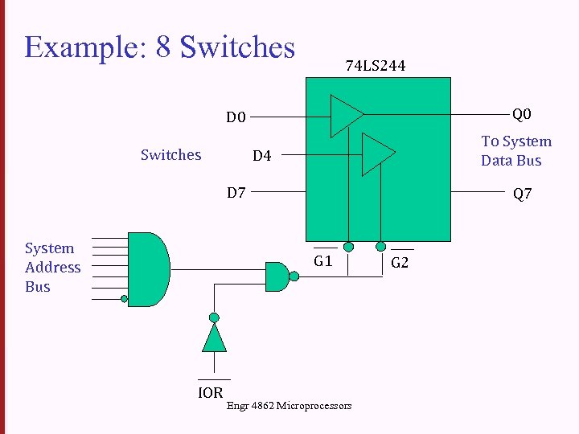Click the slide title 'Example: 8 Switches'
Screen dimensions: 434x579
[160, 47]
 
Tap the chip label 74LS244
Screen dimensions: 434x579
[375, 66]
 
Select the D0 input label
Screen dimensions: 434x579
[236, 117]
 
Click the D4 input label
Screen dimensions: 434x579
[262, 155]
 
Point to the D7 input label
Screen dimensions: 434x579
[236, 193]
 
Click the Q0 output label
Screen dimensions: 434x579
[522, 114]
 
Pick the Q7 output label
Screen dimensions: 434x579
[522, 194]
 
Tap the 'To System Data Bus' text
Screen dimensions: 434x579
[515, 151]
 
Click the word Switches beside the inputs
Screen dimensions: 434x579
[170, 154]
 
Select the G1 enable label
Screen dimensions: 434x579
[323, 261]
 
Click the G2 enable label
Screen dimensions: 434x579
[400, 263]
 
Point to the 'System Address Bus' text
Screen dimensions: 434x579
[52, 268]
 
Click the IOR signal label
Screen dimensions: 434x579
[211, 393]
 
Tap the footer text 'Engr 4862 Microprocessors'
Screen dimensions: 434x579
[289, 406]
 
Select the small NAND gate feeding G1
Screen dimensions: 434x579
[277, 276]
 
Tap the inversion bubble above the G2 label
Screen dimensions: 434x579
[381, 246]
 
